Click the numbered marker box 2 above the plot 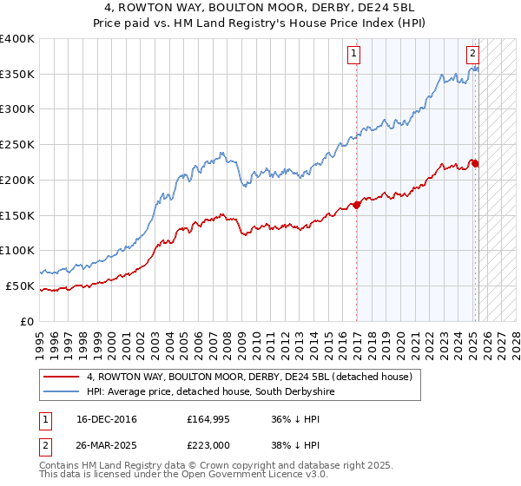(472, 53)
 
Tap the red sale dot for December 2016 (357, 205)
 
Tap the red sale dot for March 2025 (476, 163)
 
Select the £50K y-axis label (21, 286)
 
